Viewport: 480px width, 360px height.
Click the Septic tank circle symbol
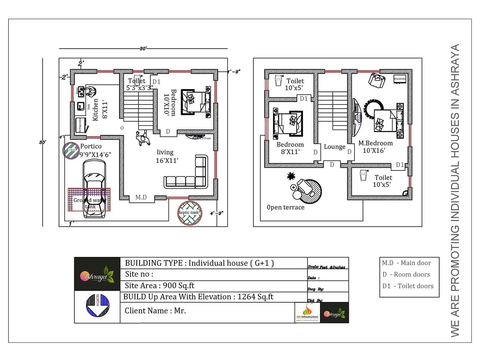tap(190, 213)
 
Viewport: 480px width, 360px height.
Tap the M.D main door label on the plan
tap(141, 197)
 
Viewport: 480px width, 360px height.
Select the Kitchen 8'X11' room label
tap(100, 110)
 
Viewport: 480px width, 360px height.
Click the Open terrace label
tap(286, 207)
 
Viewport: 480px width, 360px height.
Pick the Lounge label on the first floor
tap(334, 147)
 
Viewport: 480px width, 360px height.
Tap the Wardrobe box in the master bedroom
tap(400, 79)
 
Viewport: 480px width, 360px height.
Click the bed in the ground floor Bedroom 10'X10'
tap(196, 102)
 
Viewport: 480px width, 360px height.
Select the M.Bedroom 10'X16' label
tap(375, 147)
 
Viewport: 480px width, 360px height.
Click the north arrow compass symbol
tap(97, 305)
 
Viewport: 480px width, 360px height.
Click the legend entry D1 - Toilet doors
tap(408, 286)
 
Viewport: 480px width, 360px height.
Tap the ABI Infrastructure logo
tap(307, 313)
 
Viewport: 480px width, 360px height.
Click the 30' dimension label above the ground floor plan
tap(143, 48)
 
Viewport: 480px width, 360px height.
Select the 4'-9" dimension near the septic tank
tap(217, 213)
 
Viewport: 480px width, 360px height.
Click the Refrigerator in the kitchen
tap(80, 125)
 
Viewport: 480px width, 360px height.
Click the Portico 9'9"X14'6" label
tap(95, 150)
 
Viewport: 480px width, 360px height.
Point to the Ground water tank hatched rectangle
tap(89, 200)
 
